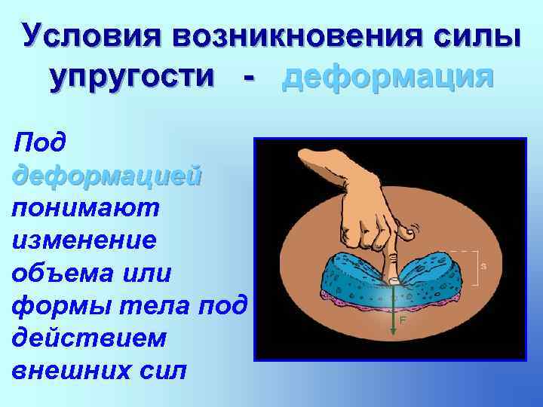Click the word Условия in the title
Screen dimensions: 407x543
click(90, 35)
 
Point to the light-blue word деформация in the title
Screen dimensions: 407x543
click(388, 77)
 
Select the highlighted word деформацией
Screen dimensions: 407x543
click(106, 173)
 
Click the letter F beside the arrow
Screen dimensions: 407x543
click(403, 320)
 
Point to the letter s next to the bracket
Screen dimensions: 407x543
click(483, 266)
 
